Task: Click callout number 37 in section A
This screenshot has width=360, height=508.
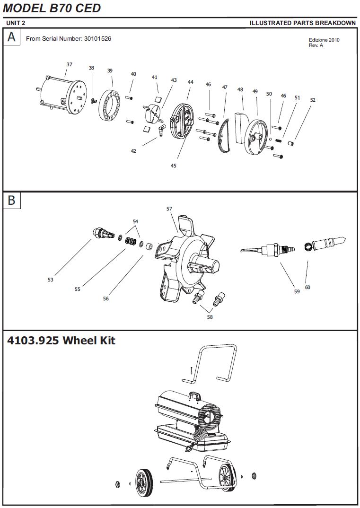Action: tap(70, 64)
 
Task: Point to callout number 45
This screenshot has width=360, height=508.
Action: tap(173, 166)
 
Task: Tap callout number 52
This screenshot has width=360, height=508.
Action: tap(313, 100)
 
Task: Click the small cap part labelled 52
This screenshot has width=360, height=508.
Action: tap(291, 143)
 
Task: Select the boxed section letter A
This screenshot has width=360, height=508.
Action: tap(12, 36)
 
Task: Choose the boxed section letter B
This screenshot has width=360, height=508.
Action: tap(12, 200)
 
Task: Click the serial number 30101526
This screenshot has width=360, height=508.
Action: tap(97, 39)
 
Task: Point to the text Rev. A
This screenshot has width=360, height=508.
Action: tap(316, 45)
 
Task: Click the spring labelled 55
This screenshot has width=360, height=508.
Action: tap(130, 241)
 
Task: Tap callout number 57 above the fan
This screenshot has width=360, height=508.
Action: tap(169, 209)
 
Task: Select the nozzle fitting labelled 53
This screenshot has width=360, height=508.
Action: tap(102, 233)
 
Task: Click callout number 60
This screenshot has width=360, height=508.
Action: tap(307, 287)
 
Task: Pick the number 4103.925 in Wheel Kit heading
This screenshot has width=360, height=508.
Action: tap(33, 341)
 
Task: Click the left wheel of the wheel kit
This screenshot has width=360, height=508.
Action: tap(144, 482)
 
